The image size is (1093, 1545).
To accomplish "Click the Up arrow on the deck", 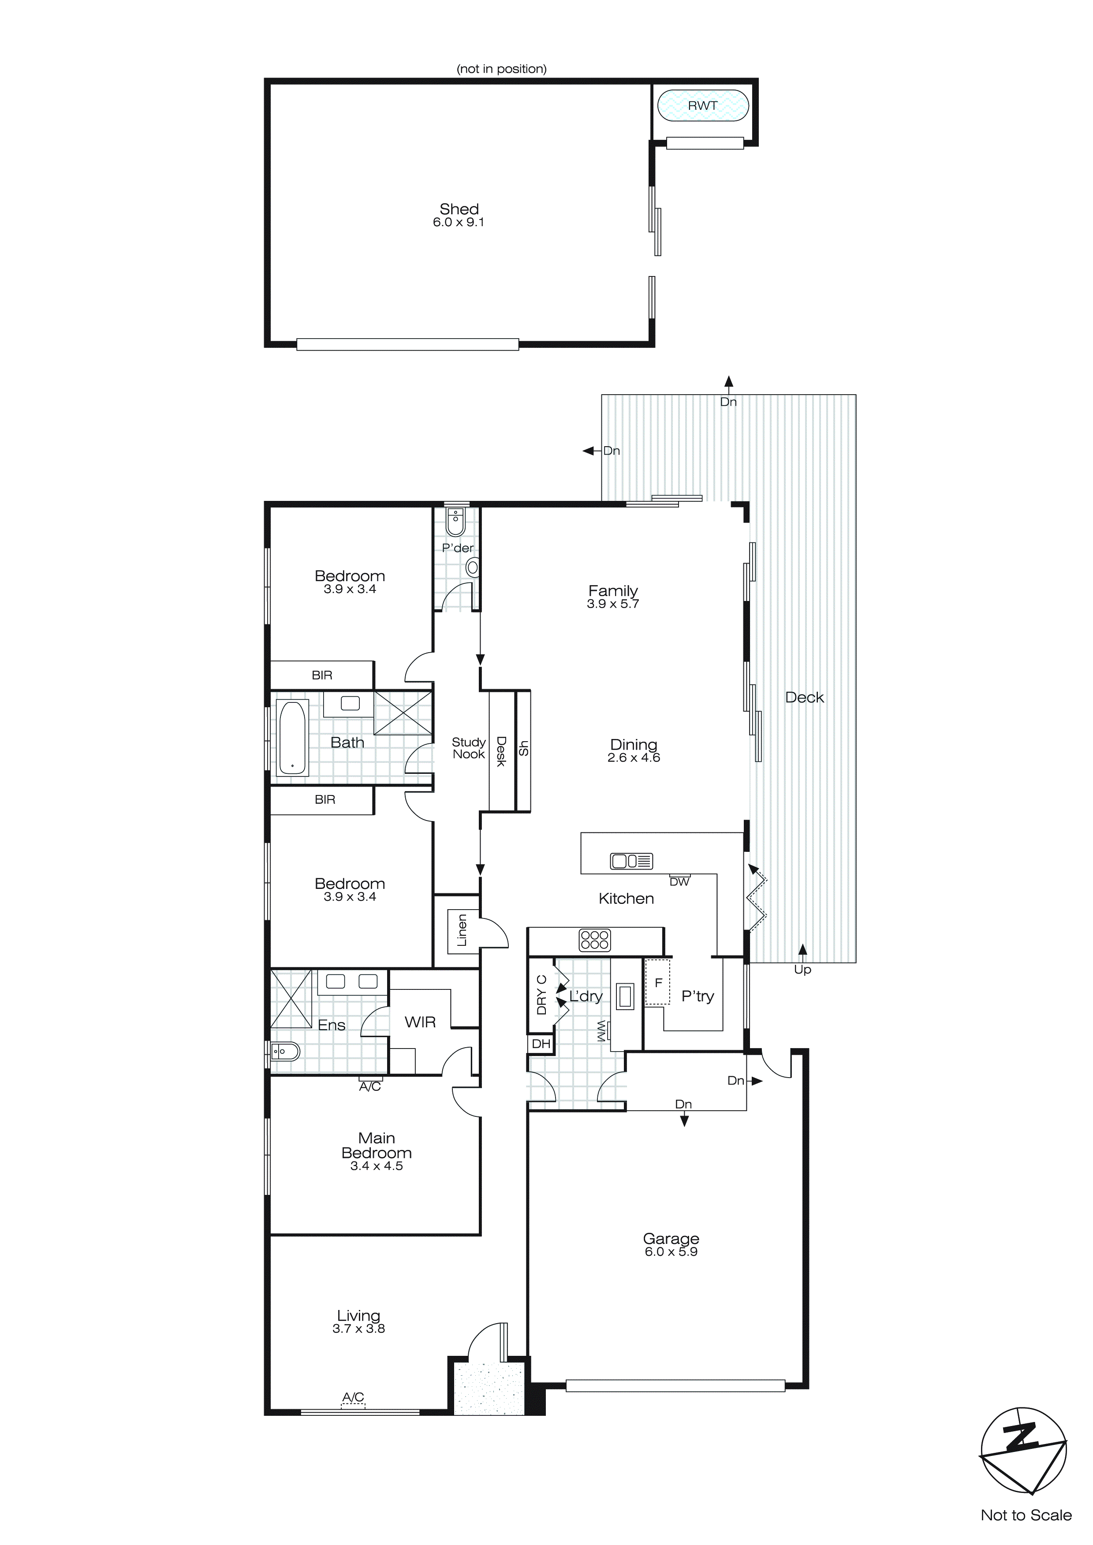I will point(802,951).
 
